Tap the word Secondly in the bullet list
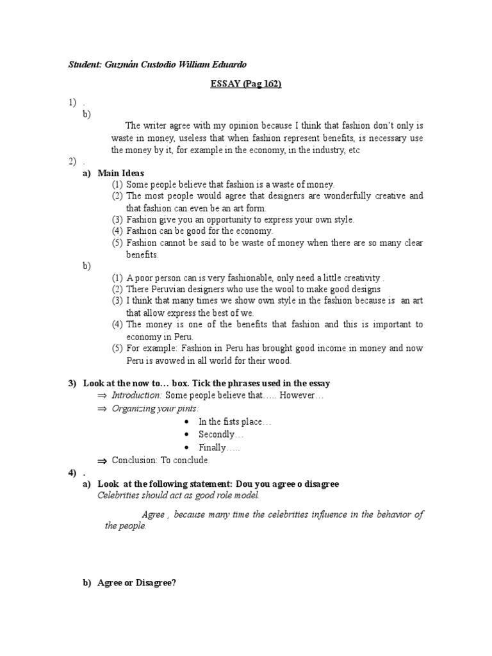point(217,434)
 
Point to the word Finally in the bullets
point(213,448)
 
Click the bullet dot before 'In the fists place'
point(186,422)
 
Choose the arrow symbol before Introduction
point(102,396)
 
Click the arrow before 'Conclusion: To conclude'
point(102,461)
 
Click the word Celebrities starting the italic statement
point(120,495)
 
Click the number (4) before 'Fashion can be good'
point(117,231)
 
